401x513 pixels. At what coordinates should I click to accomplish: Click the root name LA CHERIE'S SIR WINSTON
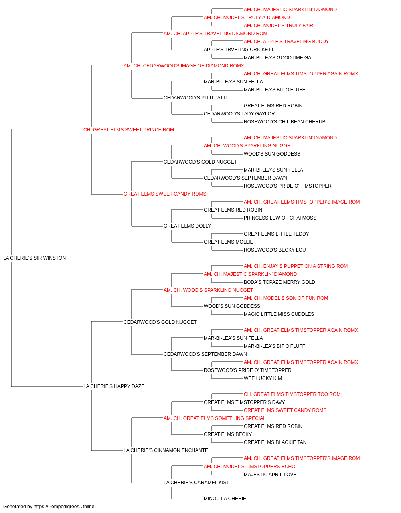tap(34, 258)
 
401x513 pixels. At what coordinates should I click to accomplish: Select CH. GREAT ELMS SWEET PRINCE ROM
tap(128, 130)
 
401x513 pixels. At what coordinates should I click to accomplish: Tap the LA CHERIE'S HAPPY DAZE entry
tap(113, 386)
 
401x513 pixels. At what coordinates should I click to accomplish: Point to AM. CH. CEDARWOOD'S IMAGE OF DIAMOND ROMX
tap(184, 66)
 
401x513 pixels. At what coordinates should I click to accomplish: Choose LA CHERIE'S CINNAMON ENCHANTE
tap(166, 450)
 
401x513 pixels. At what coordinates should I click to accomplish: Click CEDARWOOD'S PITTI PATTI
tap(195, 98)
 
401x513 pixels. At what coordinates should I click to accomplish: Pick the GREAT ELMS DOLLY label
tap(187, 226)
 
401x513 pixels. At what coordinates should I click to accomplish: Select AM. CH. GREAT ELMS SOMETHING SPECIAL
tap(215, 418)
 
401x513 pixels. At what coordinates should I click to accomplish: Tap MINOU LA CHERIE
tap(225, 498)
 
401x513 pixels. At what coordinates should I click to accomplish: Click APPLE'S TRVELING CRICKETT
tap(239, 50)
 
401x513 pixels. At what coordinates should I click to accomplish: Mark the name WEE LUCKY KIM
tap(263, 378)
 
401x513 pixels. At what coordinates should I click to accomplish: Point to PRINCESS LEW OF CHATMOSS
tap(280, 218)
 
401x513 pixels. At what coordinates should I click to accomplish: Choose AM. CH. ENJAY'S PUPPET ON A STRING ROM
tap(296, 266)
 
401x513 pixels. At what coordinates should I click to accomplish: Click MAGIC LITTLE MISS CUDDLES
tap(279, 314)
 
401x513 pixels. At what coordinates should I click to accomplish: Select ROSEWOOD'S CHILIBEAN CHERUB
tap(284, 122)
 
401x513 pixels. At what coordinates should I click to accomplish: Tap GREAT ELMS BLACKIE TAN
tap(275, 442)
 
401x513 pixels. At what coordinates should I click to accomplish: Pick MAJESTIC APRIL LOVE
tap(270, 475)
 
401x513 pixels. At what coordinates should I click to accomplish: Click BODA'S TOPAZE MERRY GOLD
tap(279, 282)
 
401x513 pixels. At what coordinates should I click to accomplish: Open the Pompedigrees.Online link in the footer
tap(64, 507)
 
